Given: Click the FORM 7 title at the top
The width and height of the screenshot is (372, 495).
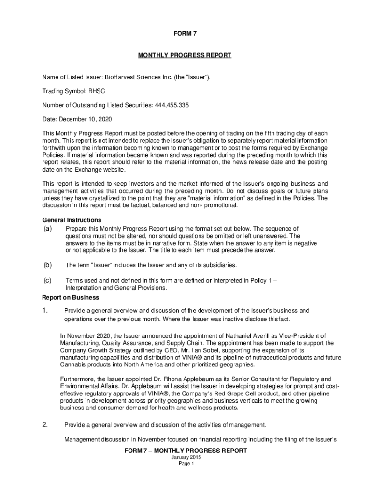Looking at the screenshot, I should [x=186, y=33].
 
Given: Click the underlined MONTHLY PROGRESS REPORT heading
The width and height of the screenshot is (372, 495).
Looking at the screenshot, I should [x=186, y=56].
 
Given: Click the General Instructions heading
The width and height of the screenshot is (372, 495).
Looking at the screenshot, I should [x=72, y=220].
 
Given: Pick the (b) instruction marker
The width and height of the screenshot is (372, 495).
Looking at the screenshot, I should [x=48, y=265].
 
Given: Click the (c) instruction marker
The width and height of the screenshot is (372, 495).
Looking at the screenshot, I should [x=48, y=280].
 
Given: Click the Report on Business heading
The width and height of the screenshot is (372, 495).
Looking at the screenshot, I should [x=71, y=297].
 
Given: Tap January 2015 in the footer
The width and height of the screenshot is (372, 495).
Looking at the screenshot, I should [x=186, y=457].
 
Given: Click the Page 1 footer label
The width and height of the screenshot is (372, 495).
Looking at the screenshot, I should [x=186, y=464].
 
